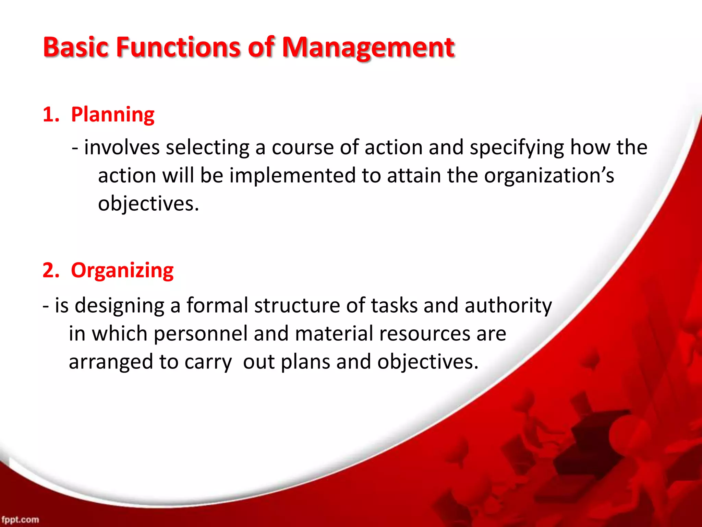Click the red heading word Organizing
click(122, 270)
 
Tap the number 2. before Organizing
click(51, 270)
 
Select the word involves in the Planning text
click(122, 148)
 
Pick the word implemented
click(292, 176)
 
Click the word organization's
click(549, 176)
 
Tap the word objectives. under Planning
click(148, 204)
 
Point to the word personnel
click(201, 334)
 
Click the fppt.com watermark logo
click(20, 519)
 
